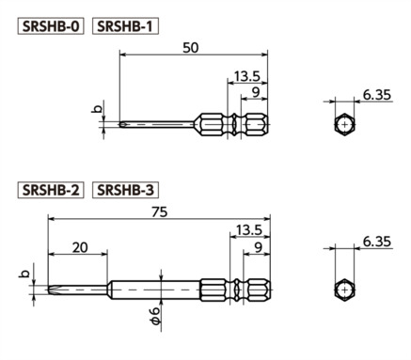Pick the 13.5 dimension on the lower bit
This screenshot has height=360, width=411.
point(249,230)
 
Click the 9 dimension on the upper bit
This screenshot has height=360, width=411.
point(253,92)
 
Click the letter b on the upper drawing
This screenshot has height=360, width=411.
point(96,109)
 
